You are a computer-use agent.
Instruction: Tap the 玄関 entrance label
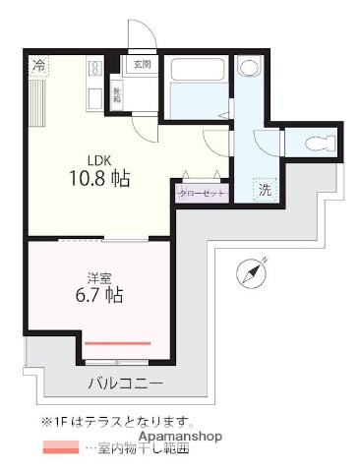[x=143, y=65]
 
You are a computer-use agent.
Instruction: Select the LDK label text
[x=99, y=160]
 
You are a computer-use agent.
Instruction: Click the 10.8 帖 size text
[x=99, y=180]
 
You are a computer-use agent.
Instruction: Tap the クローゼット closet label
[x=203, y=193]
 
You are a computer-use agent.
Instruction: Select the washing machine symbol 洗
[x=265, y=190]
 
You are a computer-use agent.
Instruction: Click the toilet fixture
[x=317, y=144]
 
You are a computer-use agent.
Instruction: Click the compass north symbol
[x=253, y=272]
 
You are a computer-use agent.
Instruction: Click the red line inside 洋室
[x=117, y=343]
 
